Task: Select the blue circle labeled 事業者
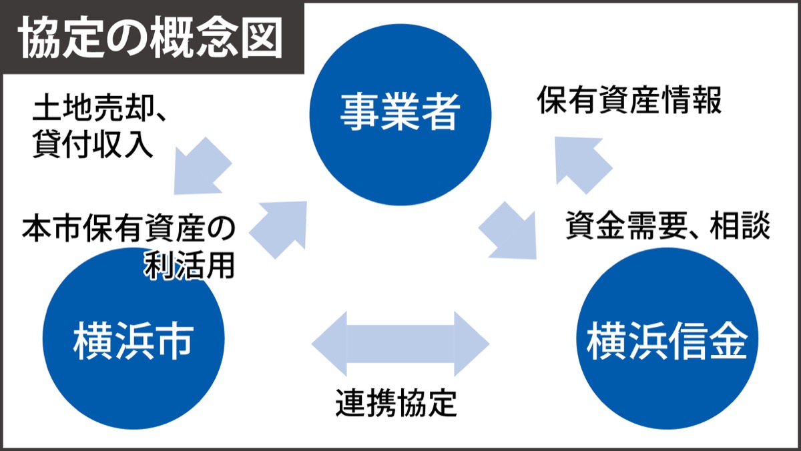[400, 112]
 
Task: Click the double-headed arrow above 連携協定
[400, 344]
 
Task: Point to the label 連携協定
[396, 402]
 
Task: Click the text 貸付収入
[93, 145]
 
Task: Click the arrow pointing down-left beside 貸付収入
[200, 167]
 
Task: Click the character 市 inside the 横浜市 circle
[175, 340]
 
